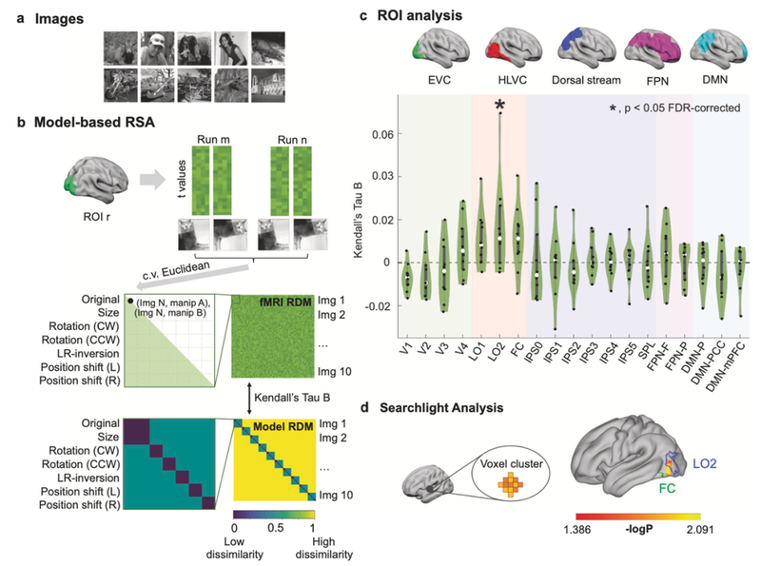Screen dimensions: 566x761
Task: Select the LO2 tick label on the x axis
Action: point(499,361)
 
